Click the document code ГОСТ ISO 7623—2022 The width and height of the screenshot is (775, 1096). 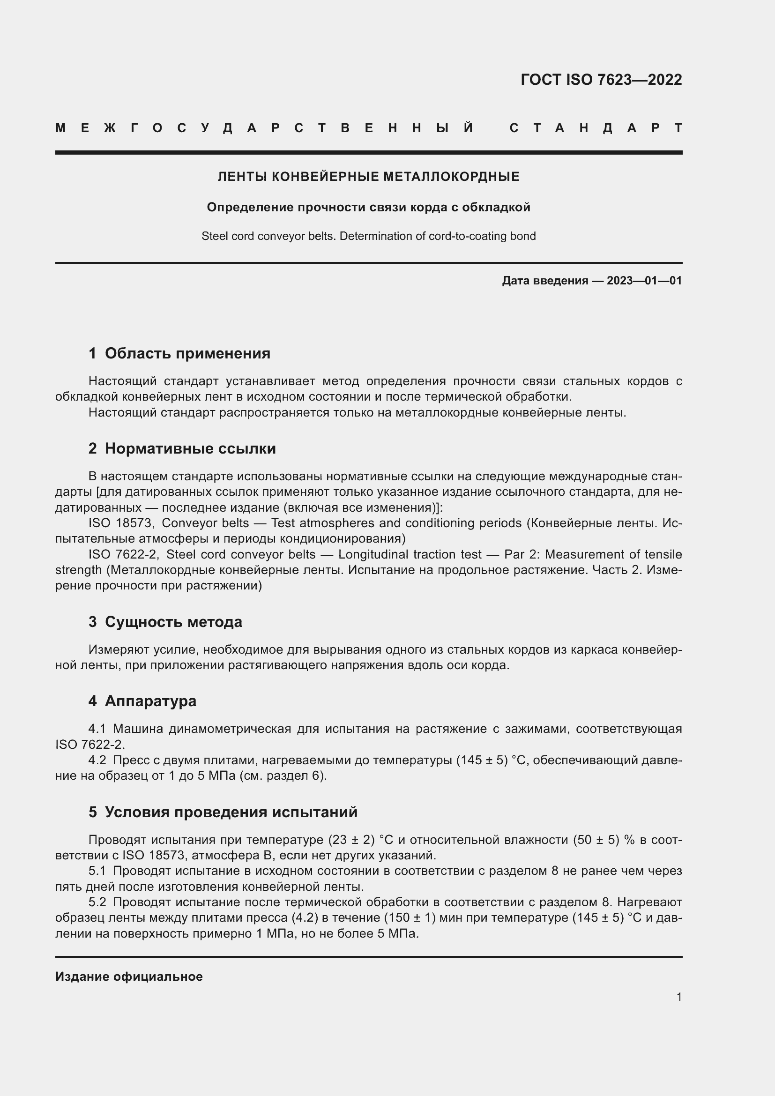pos(601,79)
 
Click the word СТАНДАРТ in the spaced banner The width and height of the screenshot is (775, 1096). pos(596,128)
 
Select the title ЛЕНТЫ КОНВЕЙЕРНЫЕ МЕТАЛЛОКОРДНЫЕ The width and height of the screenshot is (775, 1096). pos(368,177)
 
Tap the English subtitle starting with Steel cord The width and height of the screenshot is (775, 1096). pos(368,236)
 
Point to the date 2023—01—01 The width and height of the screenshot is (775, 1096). pos(644,280)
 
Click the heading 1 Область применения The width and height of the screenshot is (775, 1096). pos(179,353)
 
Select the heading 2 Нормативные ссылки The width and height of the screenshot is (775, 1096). pos(182,448)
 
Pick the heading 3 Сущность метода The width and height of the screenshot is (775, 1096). pos(165,621)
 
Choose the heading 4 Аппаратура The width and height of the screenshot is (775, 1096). pos(142,701)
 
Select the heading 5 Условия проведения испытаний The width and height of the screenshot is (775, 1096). pos(223,812)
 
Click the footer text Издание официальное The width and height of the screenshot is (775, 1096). pos(129,977)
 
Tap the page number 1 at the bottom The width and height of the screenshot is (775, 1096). pos(679,997)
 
